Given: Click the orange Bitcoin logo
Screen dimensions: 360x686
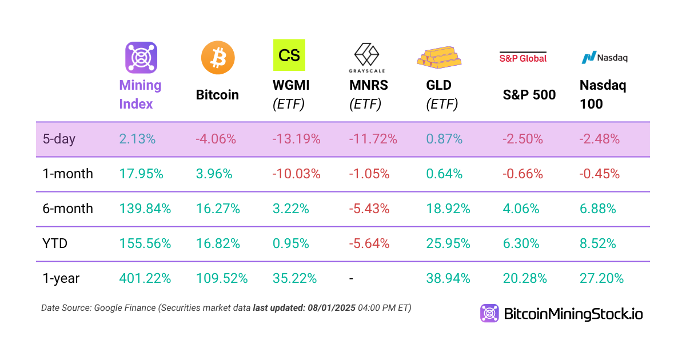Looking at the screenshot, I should tap(218, 58).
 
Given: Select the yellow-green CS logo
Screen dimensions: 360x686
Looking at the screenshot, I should tap(289, 55).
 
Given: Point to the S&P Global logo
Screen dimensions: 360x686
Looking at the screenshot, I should tap(523, 57).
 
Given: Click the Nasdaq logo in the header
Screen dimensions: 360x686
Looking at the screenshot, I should tap(604, 57).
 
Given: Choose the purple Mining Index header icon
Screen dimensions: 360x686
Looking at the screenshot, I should tap(141, 57).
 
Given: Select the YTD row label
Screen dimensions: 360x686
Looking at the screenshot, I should tap(55, 243).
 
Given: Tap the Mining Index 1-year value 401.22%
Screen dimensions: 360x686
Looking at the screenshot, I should tap(145, 278).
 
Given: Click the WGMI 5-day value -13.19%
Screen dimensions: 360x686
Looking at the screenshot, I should tap(297, 139).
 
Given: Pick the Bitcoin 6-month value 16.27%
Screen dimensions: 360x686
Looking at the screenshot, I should tap(218, 209).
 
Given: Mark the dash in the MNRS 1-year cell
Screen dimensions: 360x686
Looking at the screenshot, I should tap(351, 278).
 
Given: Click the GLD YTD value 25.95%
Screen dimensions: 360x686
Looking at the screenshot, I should tap(448, 243).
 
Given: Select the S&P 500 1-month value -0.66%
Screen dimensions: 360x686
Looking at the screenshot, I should tap(523, 174).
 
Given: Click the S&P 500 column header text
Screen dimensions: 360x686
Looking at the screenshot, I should tap(529, 95).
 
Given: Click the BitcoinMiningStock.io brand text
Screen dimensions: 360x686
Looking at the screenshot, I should tap(573, 313).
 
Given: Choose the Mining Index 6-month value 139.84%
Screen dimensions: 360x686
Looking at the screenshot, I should tap(145, 209).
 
